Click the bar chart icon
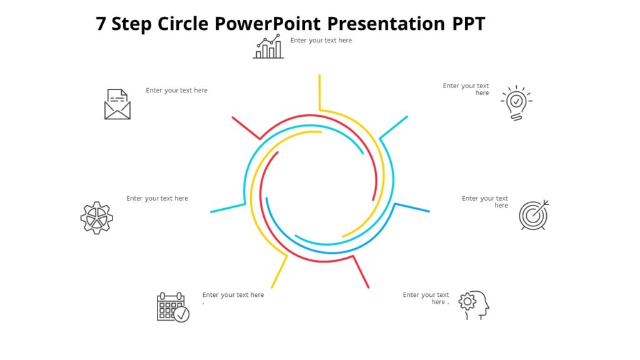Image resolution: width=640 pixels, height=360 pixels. click(268, 47)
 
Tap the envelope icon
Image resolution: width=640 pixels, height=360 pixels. click(117, 104)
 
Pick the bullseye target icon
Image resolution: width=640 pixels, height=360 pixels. click(534, 215)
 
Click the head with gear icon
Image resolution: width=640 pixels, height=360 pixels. click(474, 305)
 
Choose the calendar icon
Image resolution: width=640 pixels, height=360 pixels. click(172, 306)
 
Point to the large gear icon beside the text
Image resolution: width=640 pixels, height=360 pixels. click(97, 217)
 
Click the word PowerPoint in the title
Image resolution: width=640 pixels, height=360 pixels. click(267, 24)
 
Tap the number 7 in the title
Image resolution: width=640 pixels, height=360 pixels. click(101, 24)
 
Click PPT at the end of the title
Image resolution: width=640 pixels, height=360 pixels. click(468, 24)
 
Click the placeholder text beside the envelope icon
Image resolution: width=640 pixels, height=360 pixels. click(177, 91)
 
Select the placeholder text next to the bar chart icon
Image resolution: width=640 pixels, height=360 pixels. click(321, 41)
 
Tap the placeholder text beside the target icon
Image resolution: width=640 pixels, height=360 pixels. click(485, 202)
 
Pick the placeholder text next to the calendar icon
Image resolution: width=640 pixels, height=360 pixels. click(233, 295)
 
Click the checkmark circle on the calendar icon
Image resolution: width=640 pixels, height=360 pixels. click(181, 314)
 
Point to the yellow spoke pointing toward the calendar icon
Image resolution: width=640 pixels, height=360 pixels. click(279, 271)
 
